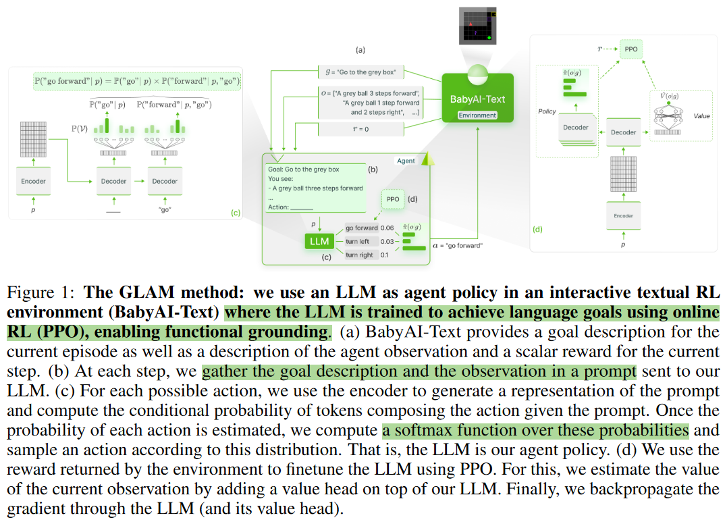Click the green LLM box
click(319, 241)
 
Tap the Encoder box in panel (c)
click(33, 181)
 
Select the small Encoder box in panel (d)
click(623, 215)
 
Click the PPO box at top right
click(630, 49)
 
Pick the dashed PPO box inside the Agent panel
click(393, 199)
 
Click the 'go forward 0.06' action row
click(370, 228)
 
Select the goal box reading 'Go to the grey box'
click(360, 72)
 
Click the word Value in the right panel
click(701, 116)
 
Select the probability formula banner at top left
click(137, 80)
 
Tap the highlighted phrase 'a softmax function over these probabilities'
click(535, 430)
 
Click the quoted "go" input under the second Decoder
click(164, 210)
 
